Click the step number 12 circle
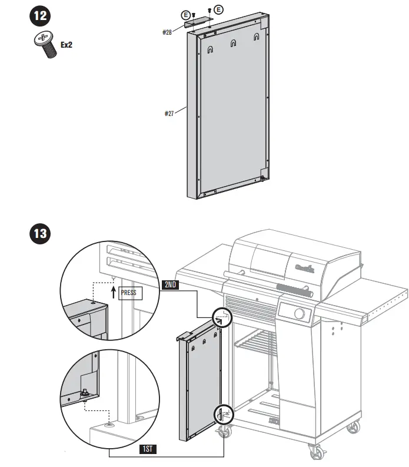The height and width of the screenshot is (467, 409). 39,16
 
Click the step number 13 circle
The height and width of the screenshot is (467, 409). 39,233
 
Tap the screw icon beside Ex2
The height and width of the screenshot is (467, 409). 44,45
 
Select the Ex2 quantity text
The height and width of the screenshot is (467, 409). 68,44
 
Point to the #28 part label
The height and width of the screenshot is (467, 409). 167,32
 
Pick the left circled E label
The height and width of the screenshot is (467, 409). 187,14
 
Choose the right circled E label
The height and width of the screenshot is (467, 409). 219,9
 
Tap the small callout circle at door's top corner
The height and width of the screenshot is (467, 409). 223,316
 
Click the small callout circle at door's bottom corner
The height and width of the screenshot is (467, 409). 224,414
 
